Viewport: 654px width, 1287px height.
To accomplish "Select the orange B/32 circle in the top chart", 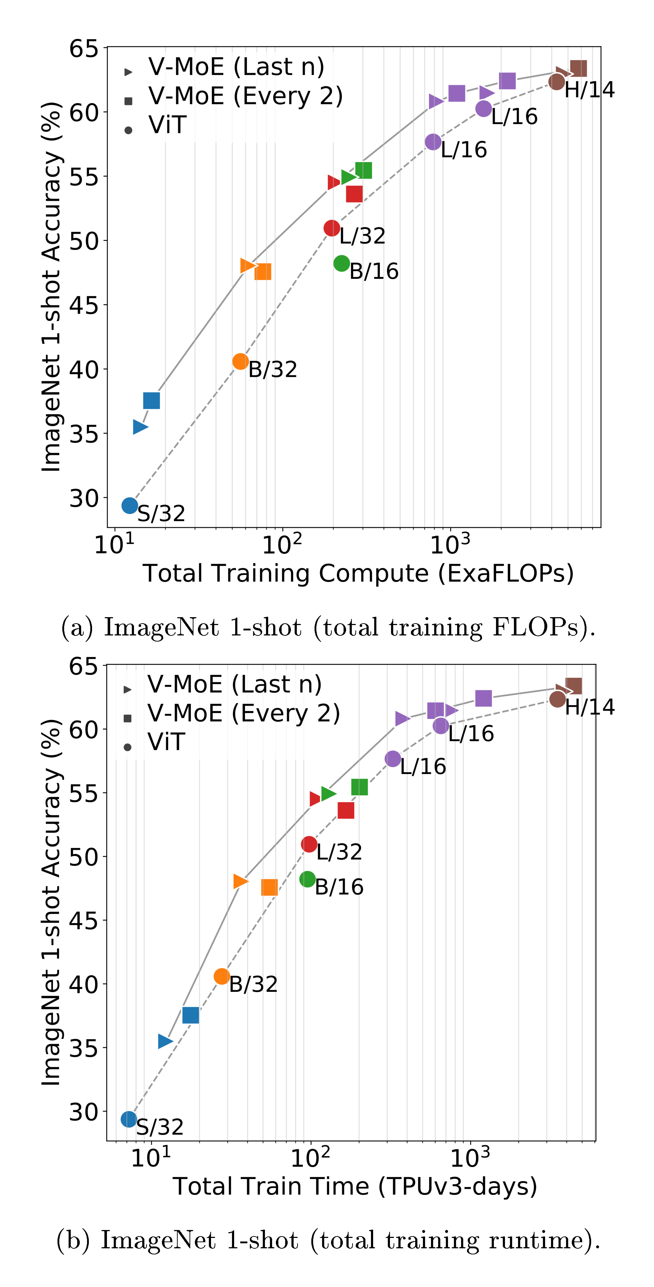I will pyautogui.click(x=240, y=361).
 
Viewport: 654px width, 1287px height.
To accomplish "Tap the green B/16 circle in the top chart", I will pyautogui.click(x=341, y=263).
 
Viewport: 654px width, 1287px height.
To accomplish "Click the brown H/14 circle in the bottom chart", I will pyautogui.click(x=557, y=699).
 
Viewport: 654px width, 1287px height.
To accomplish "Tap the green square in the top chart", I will pyautogui.click(x=363, y=170).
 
